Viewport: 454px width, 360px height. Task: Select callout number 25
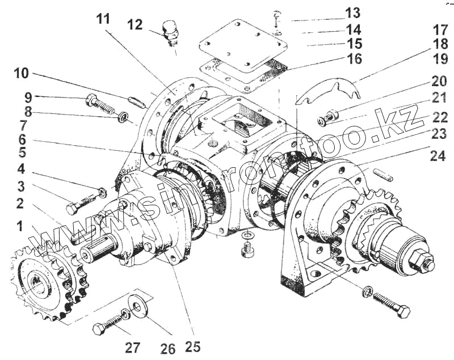[x=192, y=346]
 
